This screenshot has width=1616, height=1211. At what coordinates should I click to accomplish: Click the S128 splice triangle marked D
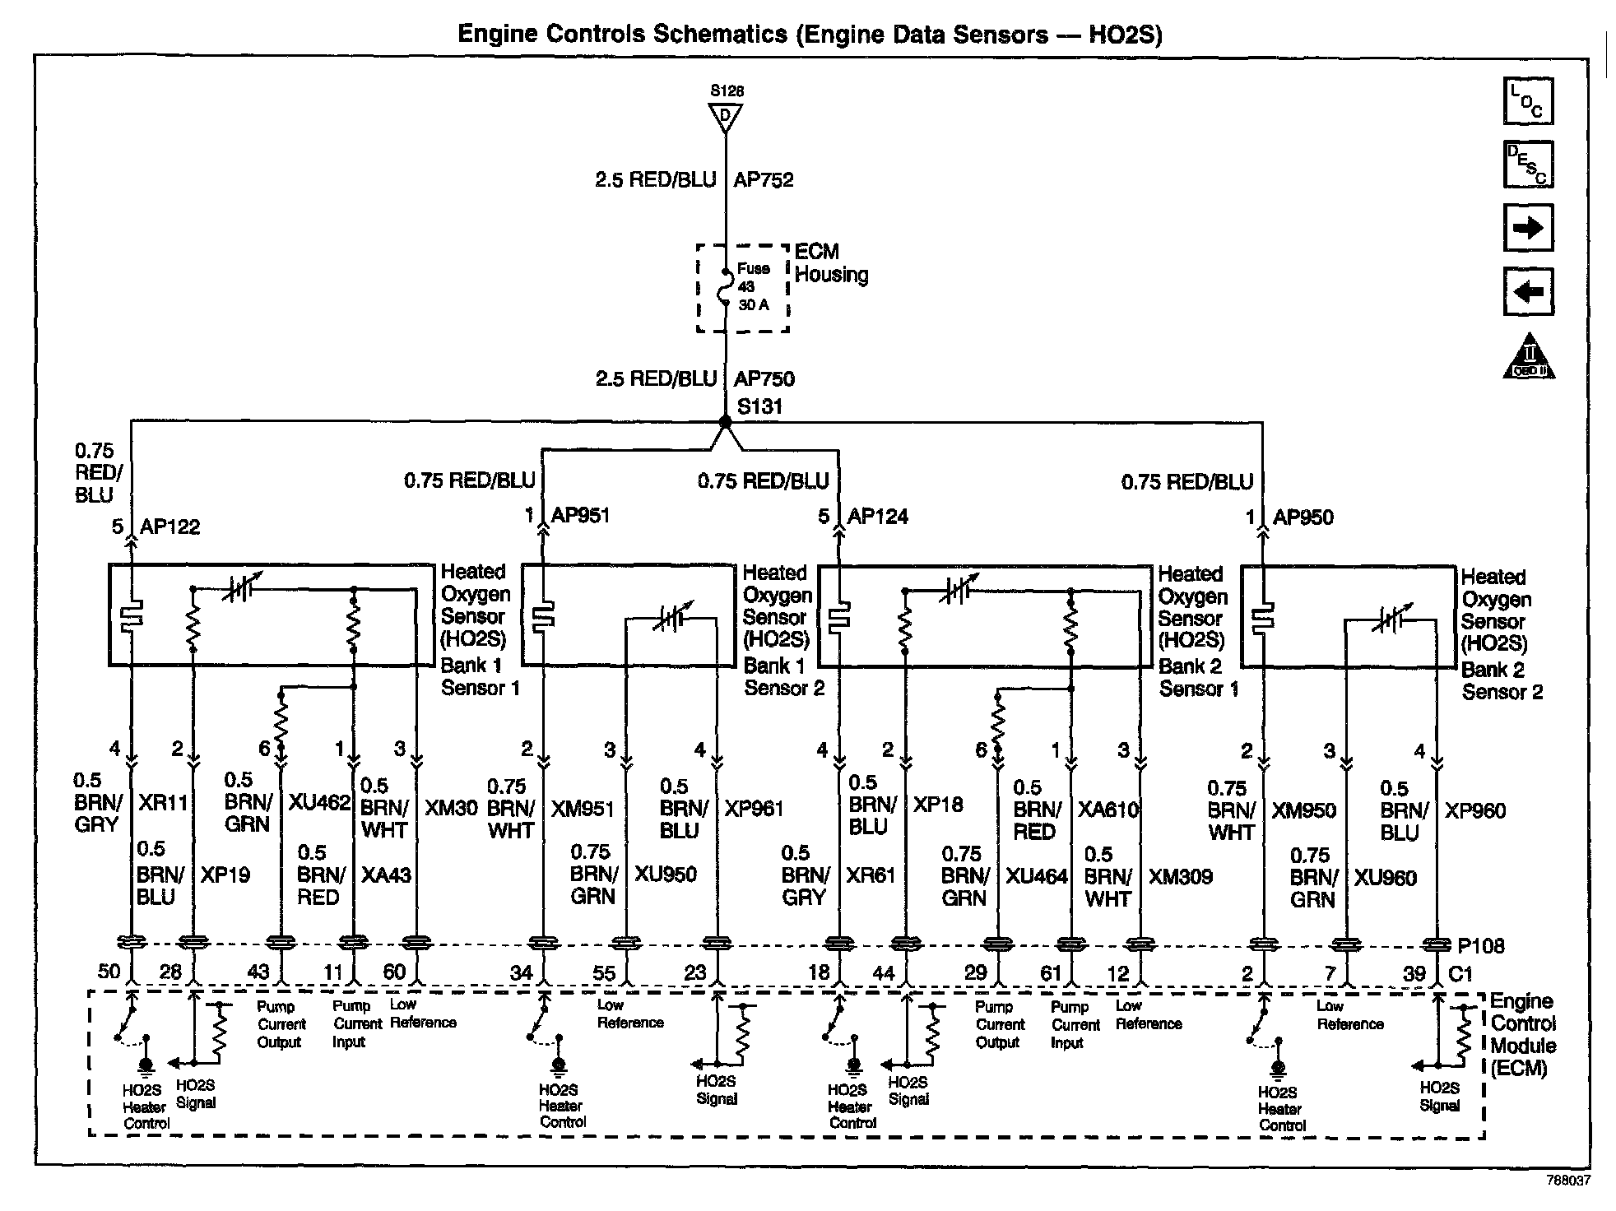(x=726, y=116)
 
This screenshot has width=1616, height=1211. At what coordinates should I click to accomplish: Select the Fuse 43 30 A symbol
(x=725, y=286)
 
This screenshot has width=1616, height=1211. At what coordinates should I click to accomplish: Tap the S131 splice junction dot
(x=725, y=422)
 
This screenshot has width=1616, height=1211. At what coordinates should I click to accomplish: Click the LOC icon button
(x=1528, y=102)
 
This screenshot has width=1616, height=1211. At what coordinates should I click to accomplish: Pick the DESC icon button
(x=1528, y=165)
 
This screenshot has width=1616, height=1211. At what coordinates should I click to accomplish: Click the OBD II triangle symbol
(x=1529, y=357)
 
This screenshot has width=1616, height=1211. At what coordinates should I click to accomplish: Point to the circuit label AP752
(x=764, y=179)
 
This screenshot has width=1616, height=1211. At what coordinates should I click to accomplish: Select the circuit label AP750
(x=764, y=379)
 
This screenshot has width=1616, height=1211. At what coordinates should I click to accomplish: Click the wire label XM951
(x=583, y=809)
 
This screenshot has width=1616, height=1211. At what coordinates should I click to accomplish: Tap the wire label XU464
(x=1037, y=876)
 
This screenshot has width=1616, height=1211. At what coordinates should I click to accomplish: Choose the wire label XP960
(x=1475, y=810)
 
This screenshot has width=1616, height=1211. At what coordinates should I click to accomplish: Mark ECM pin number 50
(x=109, y=971)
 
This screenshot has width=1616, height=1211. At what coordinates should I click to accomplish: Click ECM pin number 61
(x=1052, y=973)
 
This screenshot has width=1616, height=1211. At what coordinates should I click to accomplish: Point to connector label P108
(x=1481, y=946)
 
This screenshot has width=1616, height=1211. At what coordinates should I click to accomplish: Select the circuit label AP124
(x=878, y=516)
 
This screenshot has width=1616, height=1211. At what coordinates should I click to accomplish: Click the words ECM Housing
(x=831, y=263)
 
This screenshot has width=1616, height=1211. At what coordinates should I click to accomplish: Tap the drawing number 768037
(x=1567, y=1180)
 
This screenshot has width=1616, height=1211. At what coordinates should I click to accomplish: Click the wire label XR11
(x=163, y=802)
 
